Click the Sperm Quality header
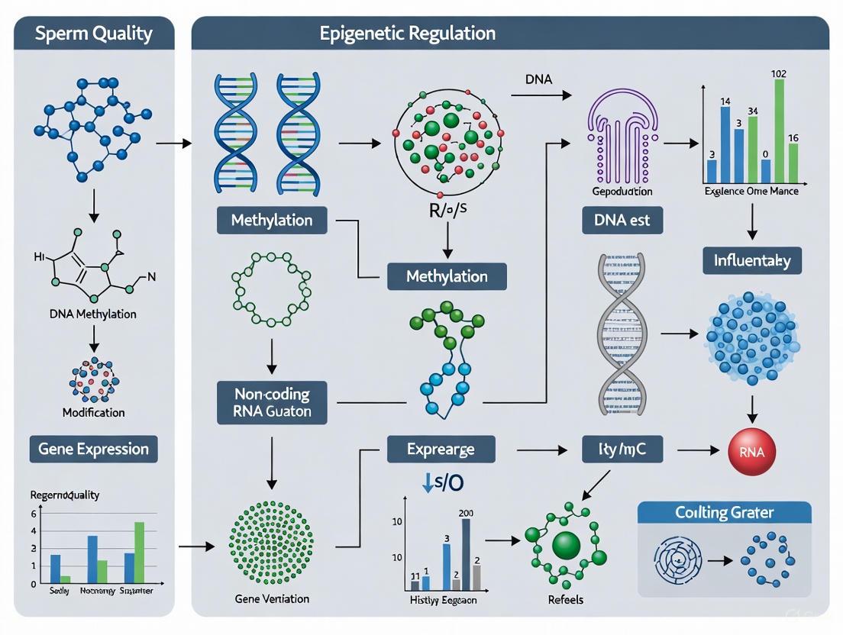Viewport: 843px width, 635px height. [x=94, y=34]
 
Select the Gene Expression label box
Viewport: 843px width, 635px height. [x=93, y=449]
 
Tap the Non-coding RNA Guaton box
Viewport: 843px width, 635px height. [x=273, y=404]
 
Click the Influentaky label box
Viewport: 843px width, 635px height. [x=752, y=261]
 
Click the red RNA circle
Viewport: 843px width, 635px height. [x=752, y=452]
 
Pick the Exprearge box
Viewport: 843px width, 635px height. [x=441, y=450]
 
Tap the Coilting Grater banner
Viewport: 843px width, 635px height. [x=723, y=512]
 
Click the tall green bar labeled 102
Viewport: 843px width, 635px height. [x=779, y=128]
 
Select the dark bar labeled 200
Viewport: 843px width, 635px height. [x=466, y=554]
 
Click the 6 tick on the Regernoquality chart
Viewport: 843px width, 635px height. [x=34, y=514]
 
